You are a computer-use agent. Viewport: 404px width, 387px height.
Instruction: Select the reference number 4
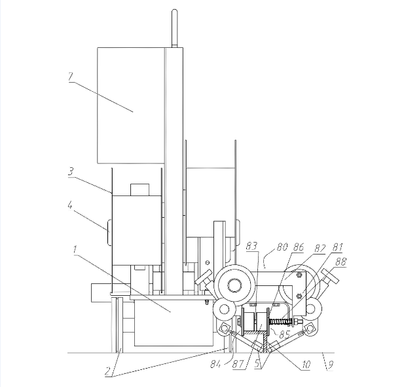(70, 205)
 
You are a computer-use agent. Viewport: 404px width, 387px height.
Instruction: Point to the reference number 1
(75, 250)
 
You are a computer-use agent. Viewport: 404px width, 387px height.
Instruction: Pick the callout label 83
(251, 246)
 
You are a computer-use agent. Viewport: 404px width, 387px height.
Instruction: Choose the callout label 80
(282, 247)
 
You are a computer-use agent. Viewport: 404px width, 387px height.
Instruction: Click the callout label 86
(299, 247)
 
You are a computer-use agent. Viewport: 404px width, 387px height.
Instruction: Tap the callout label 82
(320, 249)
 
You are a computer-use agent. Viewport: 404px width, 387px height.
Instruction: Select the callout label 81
(337, 247)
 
